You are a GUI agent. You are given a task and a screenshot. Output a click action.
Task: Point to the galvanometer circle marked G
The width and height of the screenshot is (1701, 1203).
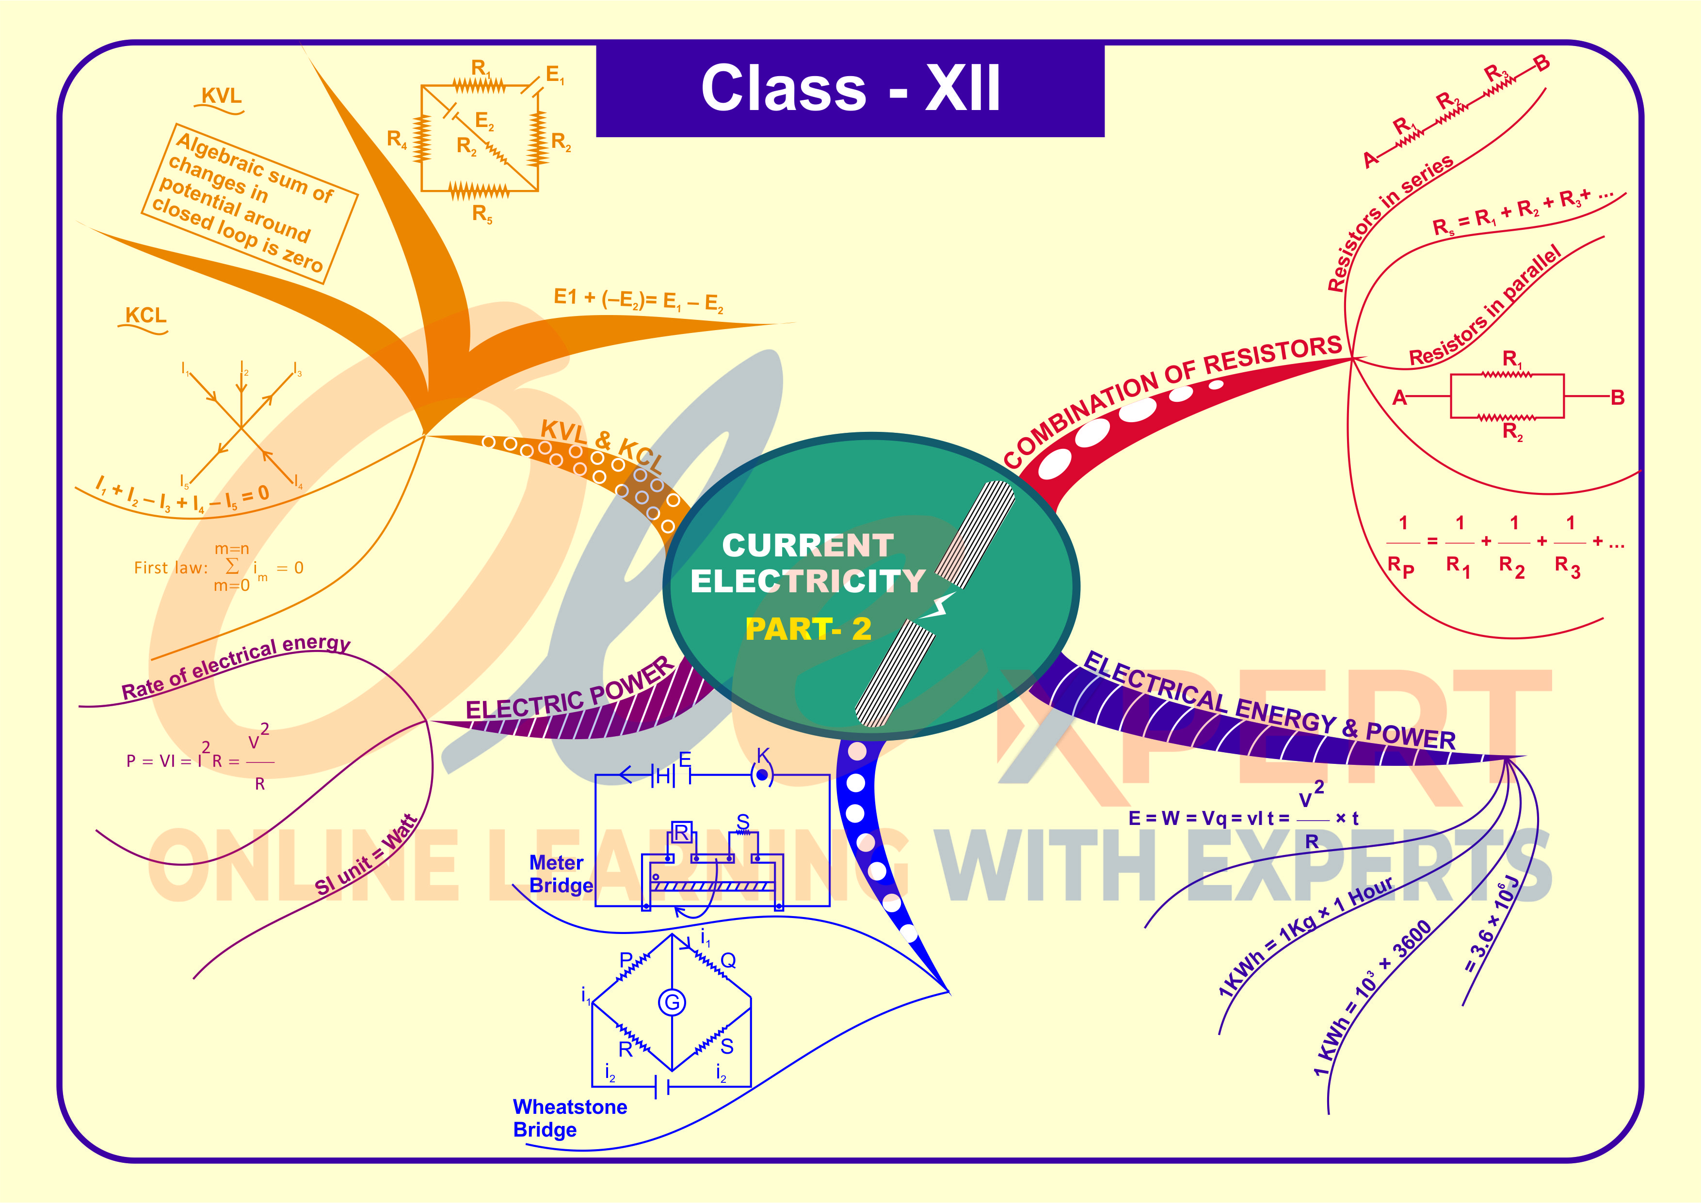pyautogui.click(x=672, y=1003)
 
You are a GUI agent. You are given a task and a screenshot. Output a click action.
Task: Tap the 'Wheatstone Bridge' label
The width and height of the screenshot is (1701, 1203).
pyautogui.click(x=569, y=1118)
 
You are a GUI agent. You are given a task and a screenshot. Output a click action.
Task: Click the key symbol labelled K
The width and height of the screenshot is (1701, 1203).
pyautogui.click(x=762, y=774)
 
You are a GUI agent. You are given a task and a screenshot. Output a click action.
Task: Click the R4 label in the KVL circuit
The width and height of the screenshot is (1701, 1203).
pyautogui.click(x=396, y=139)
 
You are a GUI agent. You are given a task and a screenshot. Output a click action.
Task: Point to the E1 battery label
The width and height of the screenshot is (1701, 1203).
pyautogui.click(x=555, y=75)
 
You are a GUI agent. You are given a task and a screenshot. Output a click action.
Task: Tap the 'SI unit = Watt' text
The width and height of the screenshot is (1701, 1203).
pyautogui.click(x=367, y=855)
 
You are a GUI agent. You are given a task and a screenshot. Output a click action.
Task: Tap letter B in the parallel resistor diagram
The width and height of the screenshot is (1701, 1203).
pyautogui.click(x=1618, y=398)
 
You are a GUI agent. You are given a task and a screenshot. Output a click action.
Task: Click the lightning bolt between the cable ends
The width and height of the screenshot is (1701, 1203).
pyautogui.click(x=939, y=606)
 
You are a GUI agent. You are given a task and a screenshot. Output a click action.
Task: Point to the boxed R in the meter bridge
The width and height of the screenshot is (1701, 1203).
pyautogui.click(x=681, y=833)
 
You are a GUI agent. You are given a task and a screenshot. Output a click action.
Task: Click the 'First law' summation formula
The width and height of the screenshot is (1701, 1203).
pyautogui.click(x=219, y=568)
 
